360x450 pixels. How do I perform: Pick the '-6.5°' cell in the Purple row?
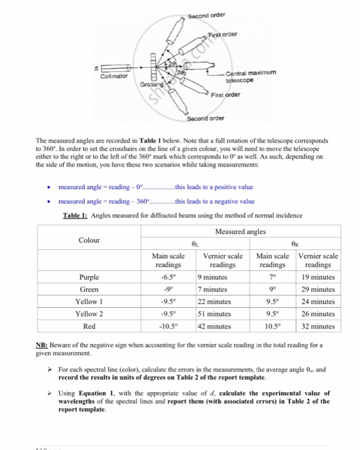tap(168, 277)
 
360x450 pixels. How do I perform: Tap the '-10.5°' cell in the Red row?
tap(168, 325)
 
